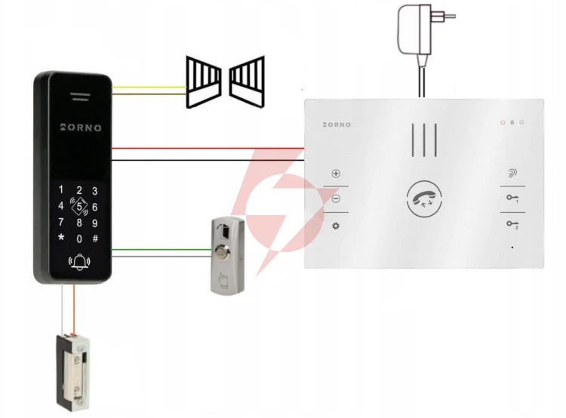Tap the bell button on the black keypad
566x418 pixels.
point(79,262)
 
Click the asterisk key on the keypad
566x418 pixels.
point(61,238)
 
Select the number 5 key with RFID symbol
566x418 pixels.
point(79,207)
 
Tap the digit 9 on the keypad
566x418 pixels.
point(95,223)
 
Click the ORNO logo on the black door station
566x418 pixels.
point(81,128)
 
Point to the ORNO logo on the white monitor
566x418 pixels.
point(337,124)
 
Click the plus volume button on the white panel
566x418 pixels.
point(336,174)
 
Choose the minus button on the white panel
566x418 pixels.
point(336,198)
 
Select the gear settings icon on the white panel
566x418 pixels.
point(336,226)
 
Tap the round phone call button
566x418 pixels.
point(424,199)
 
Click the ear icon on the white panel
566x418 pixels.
point(512,173)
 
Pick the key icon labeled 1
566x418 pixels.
point(512,198)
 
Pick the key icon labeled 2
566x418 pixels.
point(512,224)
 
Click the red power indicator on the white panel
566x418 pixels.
point(503,122)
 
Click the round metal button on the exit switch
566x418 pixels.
point(221,250)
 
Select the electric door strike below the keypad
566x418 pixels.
point(74,373)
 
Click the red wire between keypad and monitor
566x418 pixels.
point(208,148)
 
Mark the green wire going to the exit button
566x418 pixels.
point(161,250)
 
